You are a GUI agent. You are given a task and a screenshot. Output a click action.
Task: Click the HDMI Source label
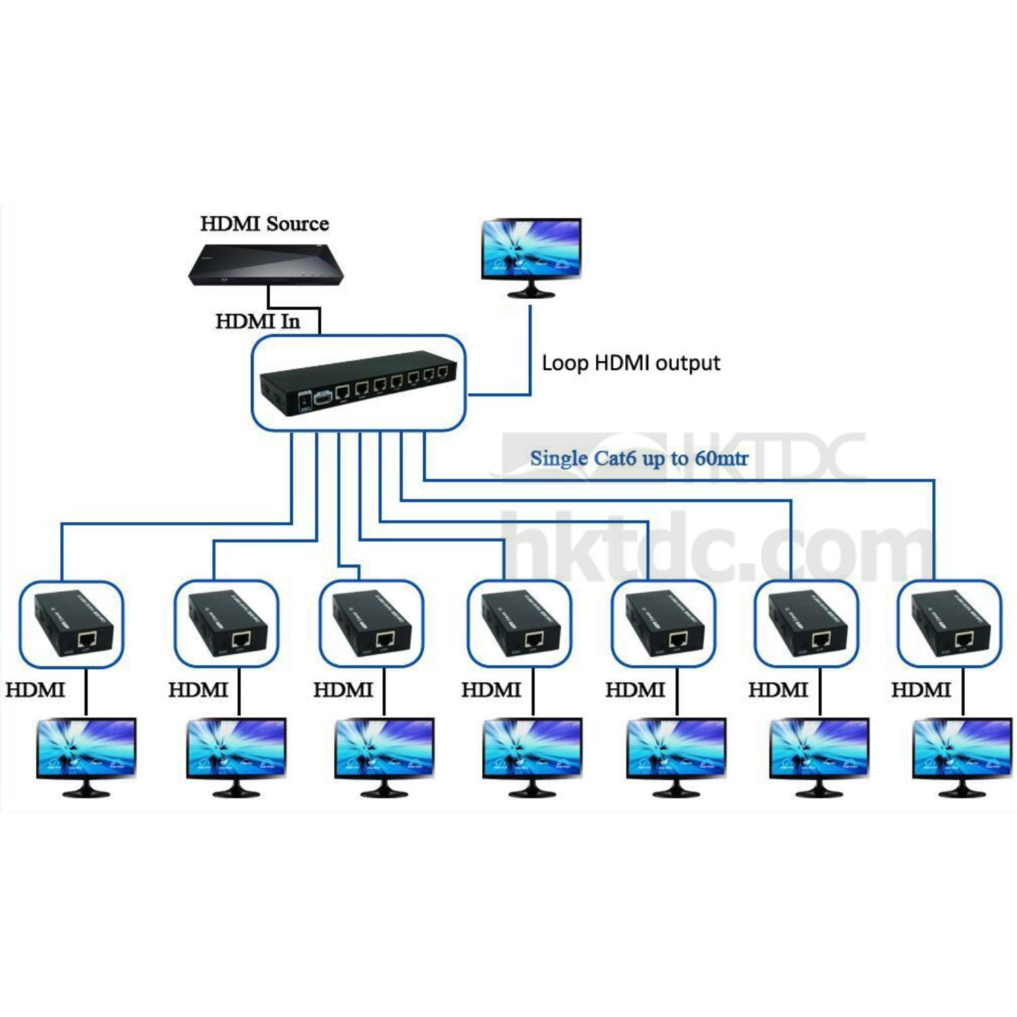pyautogui.click(x=264, y=224)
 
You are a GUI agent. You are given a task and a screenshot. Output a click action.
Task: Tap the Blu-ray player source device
pyautogui.click(x=269, y=265)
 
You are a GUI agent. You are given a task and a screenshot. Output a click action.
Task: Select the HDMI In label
pyautogui.click(x=258, y=321)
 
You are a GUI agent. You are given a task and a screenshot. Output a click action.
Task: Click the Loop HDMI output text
pyautogui.click(x=631, y=363)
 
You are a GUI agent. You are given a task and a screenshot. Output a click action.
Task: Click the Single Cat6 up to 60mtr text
pyautogui.click(x=639, y=458)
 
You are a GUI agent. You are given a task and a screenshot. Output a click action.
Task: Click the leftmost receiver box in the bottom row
pyautogui.click(x=71, y=624)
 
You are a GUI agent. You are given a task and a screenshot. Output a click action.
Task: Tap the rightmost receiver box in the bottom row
pyautogui.click(x=949, y=624)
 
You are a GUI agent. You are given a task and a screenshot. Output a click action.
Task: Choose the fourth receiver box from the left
pyautogui.click(x=519, y=624)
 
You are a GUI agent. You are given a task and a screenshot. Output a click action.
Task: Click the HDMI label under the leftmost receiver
pyautogui.click(x=35, y=690)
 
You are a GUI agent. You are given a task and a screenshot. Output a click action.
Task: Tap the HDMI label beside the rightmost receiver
pyautogui.click(x=921, y=690)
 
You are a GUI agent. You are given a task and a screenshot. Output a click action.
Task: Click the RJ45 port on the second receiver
pyautogui.click(x=242, y=639)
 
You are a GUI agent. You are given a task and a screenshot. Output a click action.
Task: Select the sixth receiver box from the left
pyautogui.click(x=807, y=624)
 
